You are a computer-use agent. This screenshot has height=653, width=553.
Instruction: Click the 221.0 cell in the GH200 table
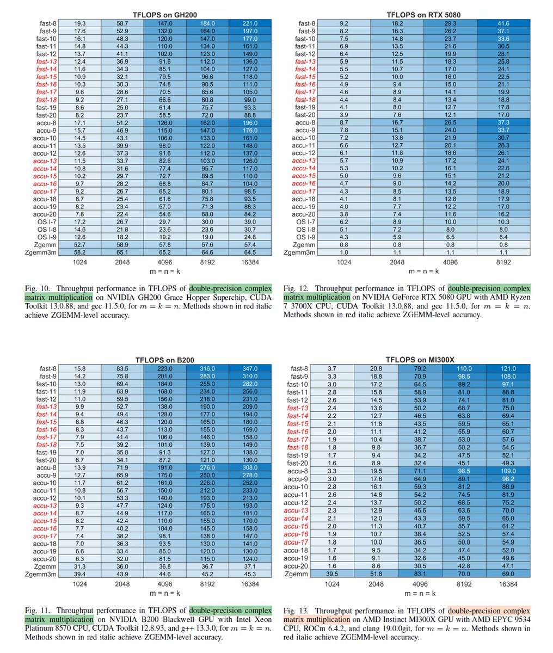coord(250,23)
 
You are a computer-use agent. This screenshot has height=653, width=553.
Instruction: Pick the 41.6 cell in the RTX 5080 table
coord(503,23)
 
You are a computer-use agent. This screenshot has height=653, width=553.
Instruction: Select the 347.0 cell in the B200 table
coord(250,369)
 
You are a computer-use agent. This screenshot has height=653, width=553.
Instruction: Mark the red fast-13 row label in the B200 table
coord(46,407)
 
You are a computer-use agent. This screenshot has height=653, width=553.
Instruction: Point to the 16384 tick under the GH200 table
coord(250,262)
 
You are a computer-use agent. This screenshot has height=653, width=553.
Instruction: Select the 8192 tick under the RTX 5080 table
coord(503,262)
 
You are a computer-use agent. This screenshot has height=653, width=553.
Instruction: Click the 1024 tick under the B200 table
coord(79,584)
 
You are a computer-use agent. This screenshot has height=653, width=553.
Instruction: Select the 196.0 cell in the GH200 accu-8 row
coord(250,123)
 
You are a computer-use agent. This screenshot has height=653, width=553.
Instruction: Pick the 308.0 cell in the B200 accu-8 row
coord(250,468)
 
